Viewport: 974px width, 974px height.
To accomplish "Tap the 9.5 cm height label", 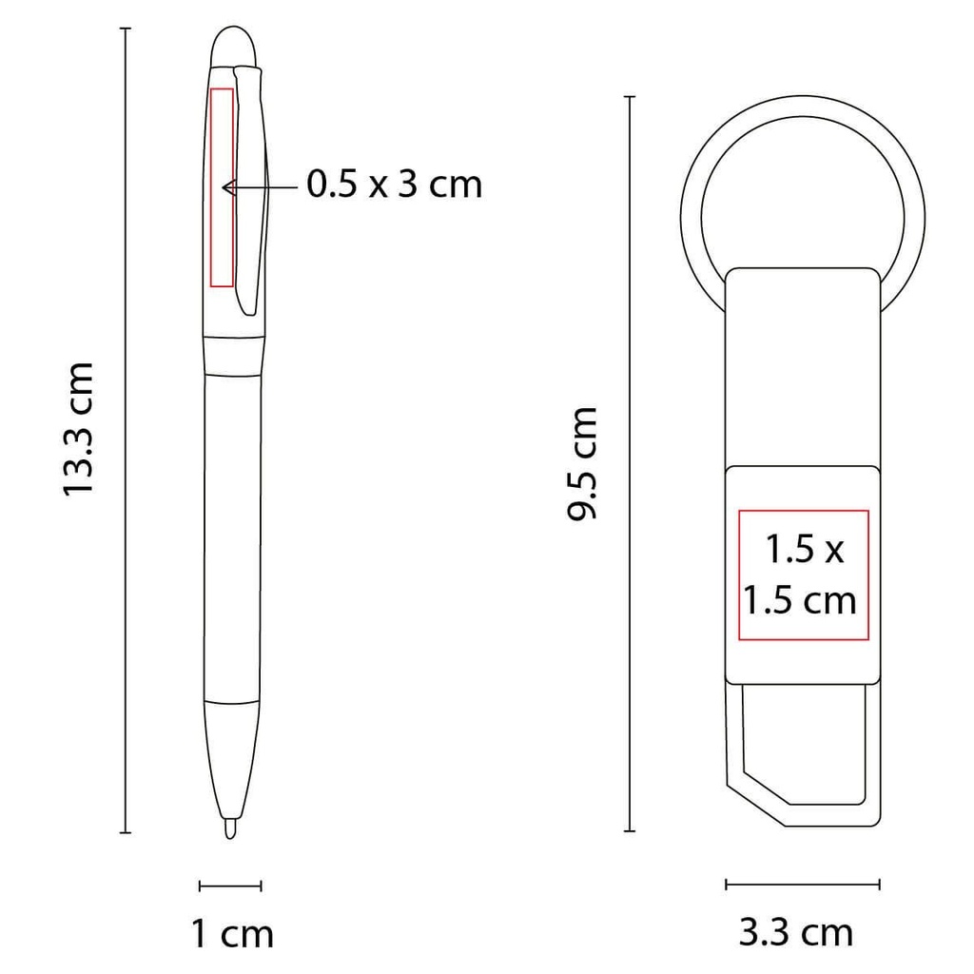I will point(581,462).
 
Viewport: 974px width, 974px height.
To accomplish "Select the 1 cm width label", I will point(232,933).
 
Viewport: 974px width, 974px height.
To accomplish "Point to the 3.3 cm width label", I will point(796,932).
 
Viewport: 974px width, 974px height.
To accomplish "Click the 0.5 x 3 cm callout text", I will point(394,184).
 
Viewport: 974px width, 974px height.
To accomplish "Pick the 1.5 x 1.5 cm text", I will point(803,575).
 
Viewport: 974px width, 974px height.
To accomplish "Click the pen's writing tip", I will point(229,829).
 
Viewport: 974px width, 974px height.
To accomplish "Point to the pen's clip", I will point(246,190).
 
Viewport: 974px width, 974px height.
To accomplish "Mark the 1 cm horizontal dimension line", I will point(230,886).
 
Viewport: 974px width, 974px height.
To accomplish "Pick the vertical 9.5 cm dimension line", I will point(629,463).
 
